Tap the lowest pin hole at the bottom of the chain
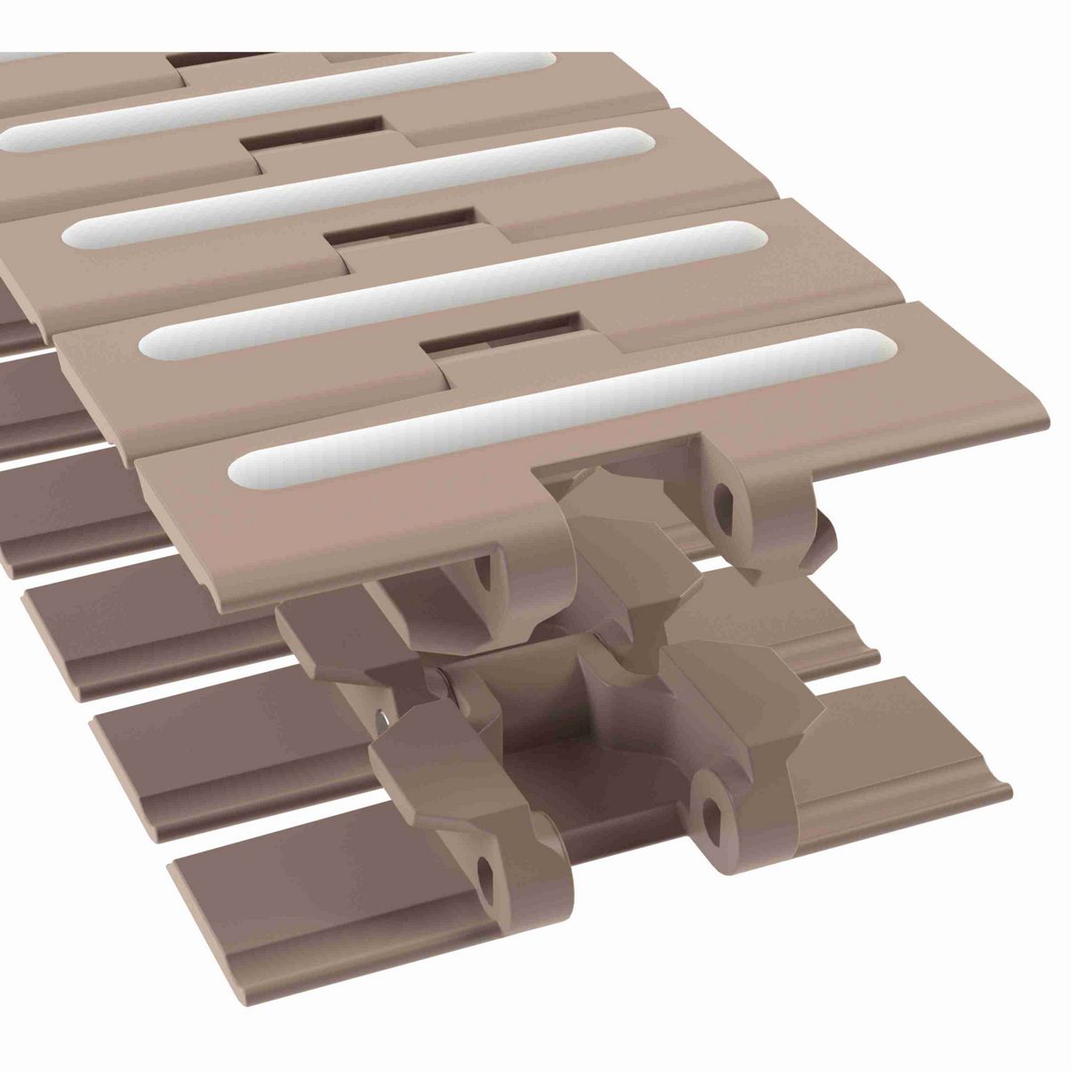pyautogui.click(x=486, y=869)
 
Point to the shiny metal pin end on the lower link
pyautogui.click(x=383, y=718)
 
